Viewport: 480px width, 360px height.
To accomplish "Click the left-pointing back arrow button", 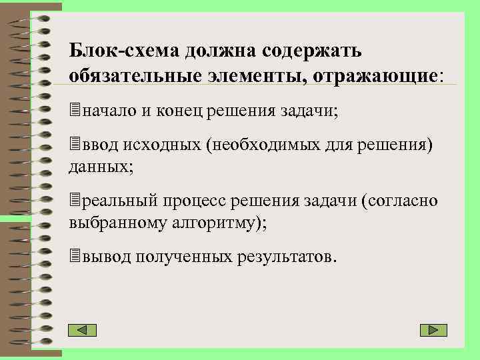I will [x=83, y=330].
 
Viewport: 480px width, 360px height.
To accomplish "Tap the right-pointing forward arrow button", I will [x=433, y=330].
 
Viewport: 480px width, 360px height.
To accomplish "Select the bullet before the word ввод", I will [x=74, y=145].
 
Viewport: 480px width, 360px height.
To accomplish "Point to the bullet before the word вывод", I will [x=74, y=256].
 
